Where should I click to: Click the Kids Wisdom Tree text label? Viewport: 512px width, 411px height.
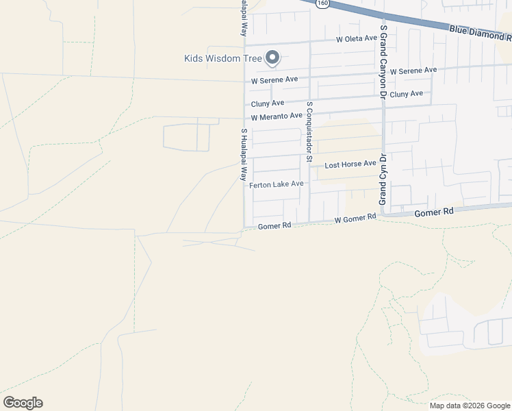(223, 58)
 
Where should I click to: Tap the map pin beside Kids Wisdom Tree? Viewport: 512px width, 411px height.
(272, 58)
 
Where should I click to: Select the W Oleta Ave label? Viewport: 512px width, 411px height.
(356, 40)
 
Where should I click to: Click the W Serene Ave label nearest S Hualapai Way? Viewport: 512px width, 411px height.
(274, 80)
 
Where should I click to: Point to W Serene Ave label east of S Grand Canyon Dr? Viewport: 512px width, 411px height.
(413, 71)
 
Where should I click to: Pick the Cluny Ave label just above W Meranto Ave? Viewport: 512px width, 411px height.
(267, 103)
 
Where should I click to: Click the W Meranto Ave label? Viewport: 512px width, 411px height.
(276, 117)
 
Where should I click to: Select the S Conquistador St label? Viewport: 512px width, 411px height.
(309, 132)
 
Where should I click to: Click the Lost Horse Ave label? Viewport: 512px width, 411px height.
(350, 164)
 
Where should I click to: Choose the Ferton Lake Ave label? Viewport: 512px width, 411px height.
(276, 185)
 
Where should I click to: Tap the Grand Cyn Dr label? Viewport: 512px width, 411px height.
(383, 179)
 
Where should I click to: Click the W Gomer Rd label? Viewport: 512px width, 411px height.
(355, 218)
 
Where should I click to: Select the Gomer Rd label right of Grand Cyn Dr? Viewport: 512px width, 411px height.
(435, 213)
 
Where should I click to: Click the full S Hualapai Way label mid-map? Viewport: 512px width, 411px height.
(243, 154)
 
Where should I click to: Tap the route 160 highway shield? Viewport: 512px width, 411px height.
(322, 3)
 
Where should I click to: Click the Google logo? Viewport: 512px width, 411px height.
(23, 403)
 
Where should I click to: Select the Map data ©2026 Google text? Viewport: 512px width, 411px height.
(469, 406)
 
